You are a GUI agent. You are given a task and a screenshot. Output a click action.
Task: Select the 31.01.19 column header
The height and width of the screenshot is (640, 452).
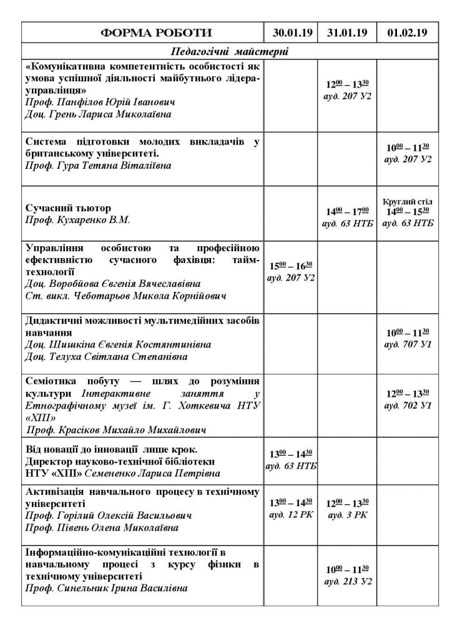(x=346, y=32)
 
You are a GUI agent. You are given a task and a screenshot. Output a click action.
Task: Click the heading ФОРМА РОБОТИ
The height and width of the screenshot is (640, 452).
(x=142, y=32)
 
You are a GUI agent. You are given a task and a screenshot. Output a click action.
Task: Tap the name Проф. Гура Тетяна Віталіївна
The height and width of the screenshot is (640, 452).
(x=98, y=166)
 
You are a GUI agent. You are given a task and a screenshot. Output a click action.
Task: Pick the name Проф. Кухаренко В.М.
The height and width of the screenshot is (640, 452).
(x=78, y=220)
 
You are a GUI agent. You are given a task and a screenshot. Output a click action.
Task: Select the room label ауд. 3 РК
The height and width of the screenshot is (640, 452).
(x=346, y=514)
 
